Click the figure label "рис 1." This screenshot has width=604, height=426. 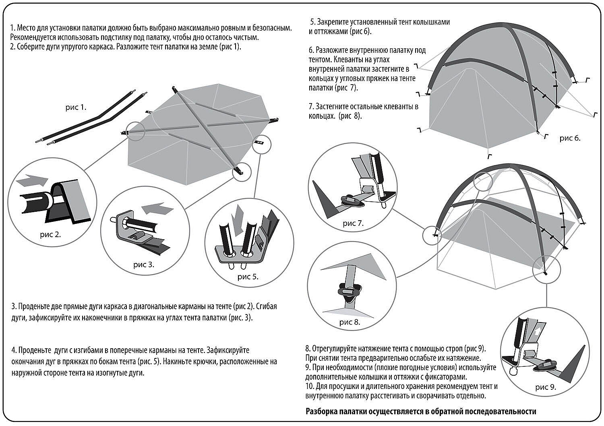[x=76, y=108]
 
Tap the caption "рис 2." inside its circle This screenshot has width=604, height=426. [x=50, y=234]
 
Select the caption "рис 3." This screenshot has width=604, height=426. [x=144, y=265]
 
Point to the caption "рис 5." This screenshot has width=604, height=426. [x=248, y=277]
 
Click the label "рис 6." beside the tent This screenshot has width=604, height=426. [x=570, y=138]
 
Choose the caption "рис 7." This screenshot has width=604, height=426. [x=353, y=223]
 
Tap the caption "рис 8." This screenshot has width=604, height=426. [x=350, y=322]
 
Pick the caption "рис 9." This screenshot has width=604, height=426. [x=546, y=387]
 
